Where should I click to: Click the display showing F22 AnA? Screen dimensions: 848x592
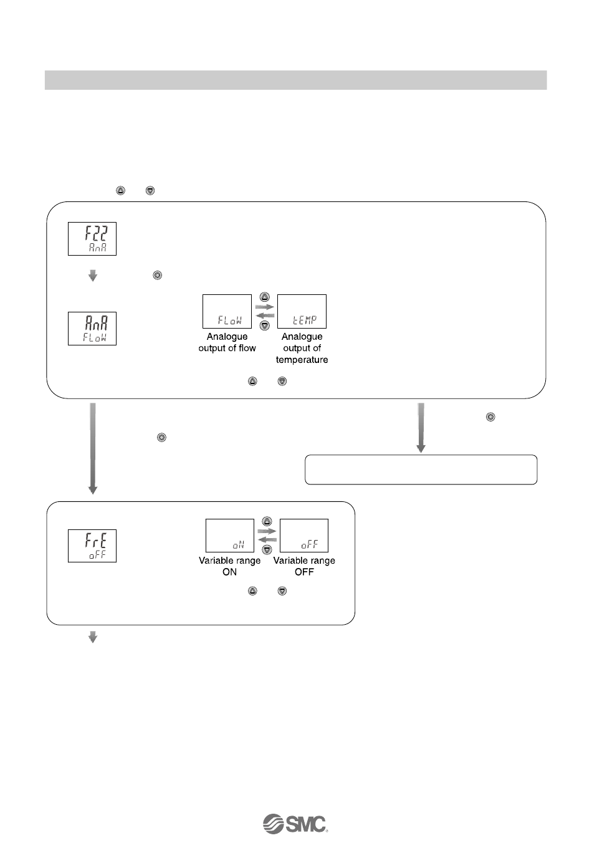point(92,238)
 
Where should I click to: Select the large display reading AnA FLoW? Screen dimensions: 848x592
point(92,328)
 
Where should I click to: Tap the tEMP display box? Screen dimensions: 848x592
point(302,311)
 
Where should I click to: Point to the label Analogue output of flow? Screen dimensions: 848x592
point(227,342)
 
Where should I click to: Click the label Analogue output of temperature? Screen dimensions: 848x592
point(302,348)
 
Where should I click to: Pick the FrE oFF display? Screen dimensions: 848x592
point(92,545)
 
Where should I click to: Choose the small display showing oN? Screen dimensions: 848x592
point(230,536)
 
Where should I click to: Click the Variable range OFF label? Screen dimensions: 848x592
point(304,566)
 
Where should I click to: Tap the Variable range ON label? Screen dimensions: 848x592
point(229,566)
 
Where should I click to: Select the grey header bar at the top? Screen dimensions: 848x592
point(295,80)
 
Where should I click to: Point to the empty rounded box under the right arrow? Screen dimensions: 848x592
point(421,470)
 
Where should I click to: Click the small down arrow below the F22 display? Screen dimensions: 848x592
point(93,275)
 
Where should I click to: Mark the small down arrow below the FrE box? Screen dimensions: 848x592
point(93,637)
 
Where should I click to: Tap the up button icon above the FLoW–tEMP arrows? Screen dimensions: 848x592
point(264,297)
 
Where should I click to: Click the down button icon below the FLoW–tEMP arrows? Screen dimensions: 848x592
point(264,325)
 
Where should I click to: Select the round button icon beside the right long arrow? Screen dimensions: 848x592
point(490,417)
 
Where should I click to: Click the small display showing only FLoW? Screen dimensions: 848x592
point(227,311)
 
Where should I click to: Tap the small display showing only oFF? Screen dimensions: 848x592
point(304,536)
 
